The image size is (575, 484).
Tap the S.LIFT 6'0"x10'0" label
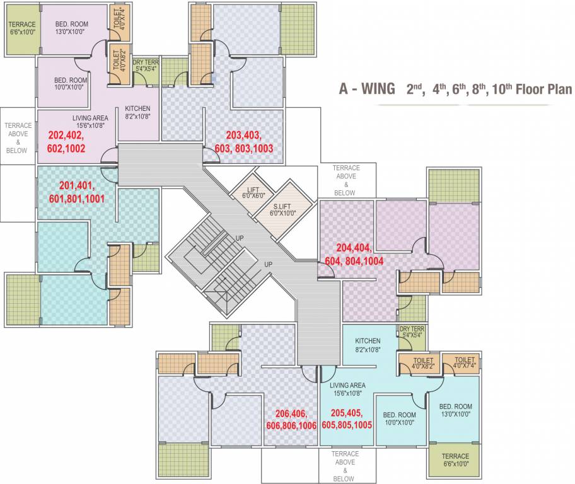[x=282, y=209]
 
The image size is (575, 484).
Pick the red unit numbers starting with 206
[x=296, y=419]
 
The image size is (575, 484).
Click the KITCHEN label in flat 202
[x=137, y=112]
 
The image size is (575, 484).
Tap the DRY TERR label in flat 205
[x=412, y=333]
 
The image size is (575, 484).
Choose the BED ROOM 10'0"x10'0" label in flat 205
[x=399, y=418]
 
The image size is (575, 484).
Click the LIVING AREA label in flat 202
[x=90, y=122]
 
